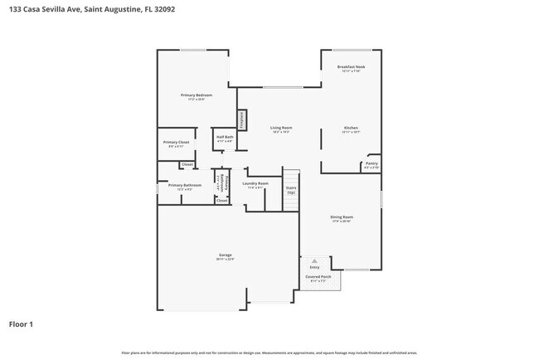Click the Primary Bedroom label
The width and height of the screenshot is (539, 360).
pyautogui.click(x=197, y=95)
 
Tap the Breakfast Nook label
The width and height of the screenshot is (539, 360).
pyautogui.click(x=351, y=66)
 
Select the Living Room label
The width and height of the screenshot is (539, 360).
pyautogui.click(x=281, y=128)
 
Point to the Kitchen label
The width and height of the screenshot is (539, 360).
pyautogui.click(x=351, y=128)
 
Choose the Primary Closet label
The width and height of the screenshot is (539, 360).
pyautogui.click(x=176, y=142)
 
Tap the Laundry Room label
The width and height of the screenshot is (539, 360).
pyautogui.click(x=255, y=183)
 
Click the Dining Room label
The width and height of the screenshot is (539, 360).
pyautogui.click(x=342, y=216)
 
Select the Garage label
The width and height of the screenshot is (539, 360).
pyautogui.click(x=225, y=255)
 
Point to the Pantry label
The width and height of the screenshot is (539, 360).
pyautogui.click(x=371, y=164)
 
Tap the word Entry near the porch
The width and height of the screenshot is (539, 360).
pyautogui.click(x=314, y=267)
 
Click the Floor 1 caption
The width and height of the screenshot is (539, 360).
pyautogui.click(x=21, y=324)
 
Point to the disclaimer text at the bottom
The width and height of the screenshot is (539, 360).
pyautogui.click(x=269, y=353)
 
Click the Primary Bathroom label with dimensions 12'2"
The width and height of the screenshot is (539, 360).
pyautogui.click(x=185, y=186)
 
